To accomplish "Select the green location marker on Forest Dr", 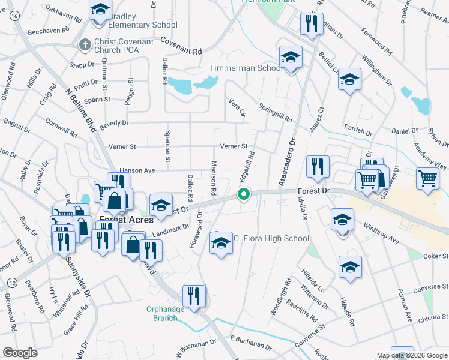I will pos(244,194).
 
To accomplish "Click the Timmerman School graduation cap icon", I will pos(291,58).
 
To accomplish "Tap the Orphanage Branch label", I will pos(162,313).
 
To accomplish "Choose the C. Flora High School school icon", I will pos(221,243).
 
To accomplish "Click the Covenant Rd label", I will pos(181,44).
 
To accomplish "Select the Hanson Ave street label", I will pos(137,170).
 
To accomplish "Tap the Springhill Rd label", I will pos(275,112).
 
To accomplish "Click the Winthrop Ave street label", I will pos(381,233).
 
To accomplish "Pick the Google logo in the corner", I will pos(20,352).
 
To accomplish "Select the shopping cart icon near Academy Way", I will pos(427,178).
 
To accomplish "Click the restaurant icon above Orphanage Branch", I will pos(194,295).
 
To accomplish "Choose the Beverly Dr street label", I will pos(114,123).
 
